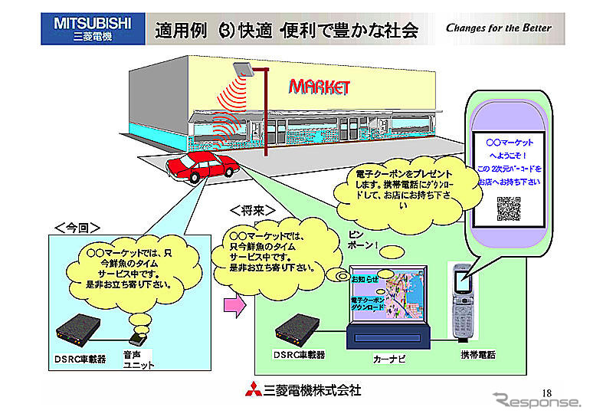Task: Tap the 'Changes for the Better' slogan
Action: click(498, 28)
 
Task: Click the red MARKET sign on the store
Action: click(319, 86)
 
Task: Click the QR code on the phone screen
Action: click(509, 208)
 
